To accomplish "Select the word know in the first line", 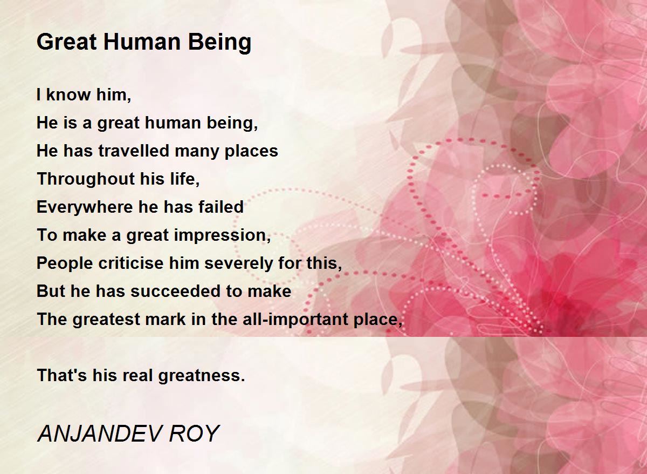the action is click(x=68, y=94).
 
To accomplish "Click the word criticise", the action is click(x=131, y=263).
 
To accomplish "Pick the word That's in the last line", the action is click(x=62, y=375).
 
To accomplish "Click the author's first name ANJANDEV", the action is click(x=98, y=434).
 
